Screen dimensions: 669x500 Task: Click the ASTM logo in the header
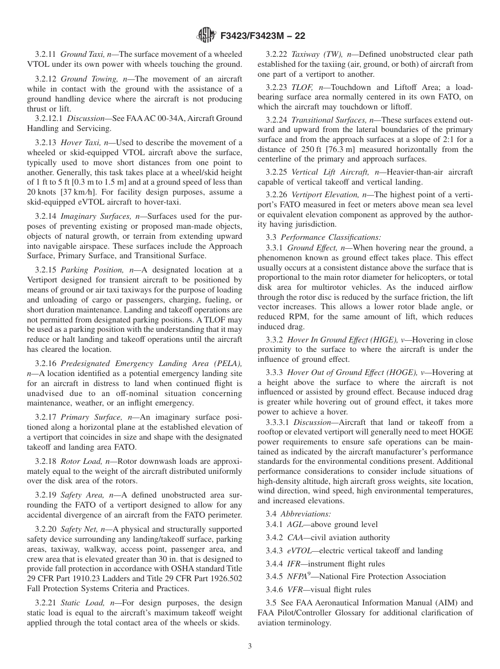coord(206,35)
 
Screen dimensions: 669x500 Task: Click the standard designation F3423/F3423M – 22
coord(262,36)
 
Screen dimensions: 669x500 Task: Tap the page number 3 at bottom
coord(250,646)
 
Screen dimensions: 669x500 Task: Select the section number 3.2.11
coord(46,54)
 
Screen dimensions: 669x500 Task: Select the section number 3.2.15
coord(46,269)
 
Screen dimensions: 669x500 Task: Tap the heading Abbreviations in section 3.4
coord(305,513)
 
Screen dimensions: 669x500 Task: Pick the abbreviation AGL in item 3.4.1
coord(295,524)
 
